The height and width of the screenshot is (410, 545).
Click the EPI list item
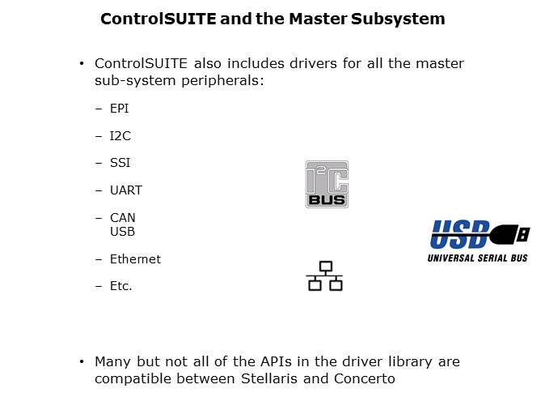(x=119, y=109)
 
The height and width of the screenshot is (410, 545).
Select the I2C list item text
(x=120, y=136)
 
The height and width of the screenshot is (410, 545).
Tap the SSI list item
(x=120, y=163)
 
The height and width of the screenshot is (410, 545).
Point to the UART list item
(x=126, y=190)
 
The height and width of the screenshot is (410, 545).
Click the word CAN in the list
(x=123, y=218)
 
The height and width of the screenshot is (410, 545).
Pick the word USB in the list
(x=122, y=232)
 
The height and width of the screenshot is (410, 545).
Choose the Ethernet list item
(x=135, y=259)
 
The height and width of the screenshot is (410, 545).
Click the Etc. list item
(x=121, y=286)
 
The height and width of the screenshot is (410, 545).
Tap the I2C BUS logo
(x=327, y=184)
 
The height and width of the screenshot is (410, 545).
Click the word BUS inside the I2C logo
(x=327, y=200)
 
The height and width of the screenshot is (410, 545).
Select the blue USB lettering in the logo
(x=460, y=234)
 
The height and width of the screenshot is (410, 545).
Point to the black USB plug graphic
(x=511, y=233)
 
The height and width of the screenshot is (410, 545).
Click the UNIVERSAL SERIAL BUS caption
(x=478, y=258)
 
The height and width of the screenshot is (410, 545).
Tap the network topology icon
(x=325, y=275)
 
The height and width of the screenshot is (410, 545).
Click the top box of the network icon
(x=326, y=266)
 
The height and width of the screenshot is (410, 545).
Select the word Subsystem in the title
(x=398, y=19)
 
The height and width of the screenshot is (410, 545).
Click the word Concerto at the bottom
(x=365, y=378)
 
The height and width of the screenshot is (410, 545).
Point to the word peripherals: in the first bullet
(x=223, y=81)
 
